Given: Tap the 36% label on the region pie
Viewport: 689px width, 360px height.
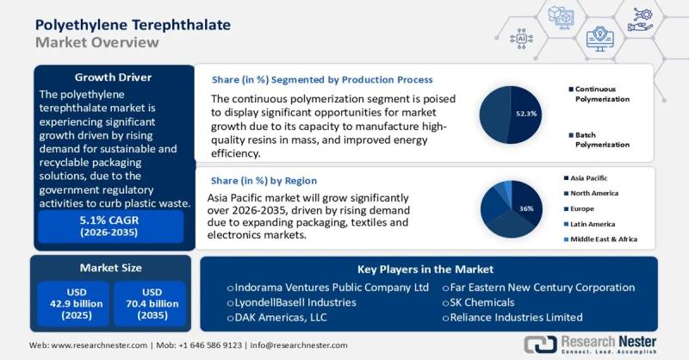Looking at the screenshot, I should click(525, 208).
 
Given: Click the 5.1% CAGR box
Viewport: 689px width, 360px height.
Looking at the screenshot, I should click(109, 227).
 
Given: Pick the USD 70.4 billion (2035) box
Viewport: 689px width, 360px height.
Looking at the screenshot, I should click(150, 305).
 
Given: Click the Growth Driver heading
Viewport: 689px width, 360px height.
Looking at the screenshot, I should click(113, 77).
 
